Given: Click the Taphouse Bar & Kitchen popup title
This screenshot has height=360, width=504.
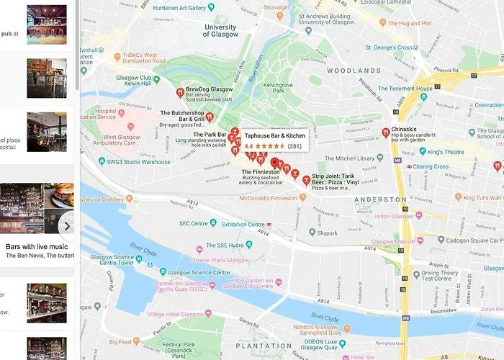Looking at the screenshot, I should point(275,135).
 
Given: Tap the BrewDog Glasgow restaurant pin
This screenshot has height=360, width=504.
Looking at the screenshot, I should point(180,93).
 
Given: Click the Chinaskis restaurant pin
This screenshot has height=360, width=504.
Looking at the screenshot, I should point(386,132).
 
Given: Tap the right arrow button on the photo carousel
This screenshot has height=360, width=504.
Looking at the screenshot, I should point(66,226).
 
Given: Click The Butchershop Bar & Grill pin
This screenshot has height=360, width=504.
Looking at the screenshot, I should point(210,117).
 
